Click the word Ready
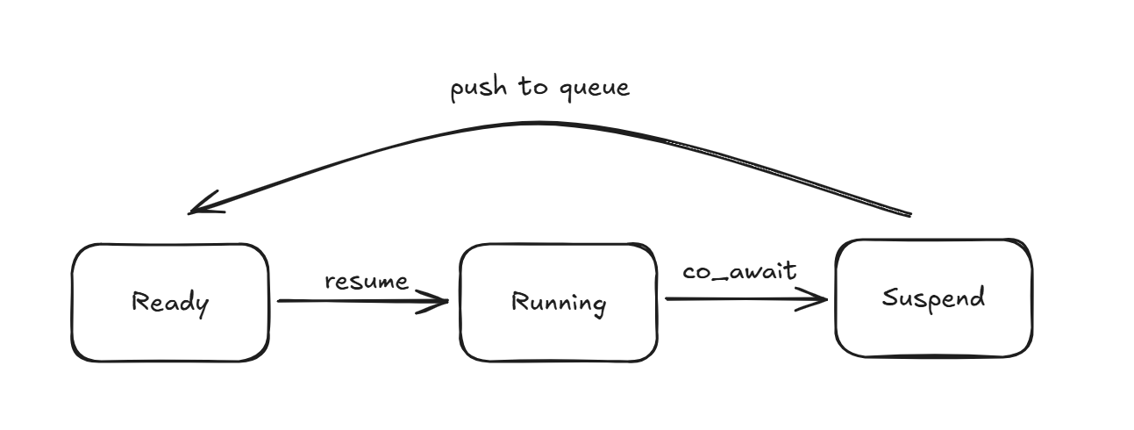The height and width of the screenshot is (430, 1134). tap(170, 304)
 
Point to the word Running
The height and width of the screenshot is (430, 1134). tap(559, 304)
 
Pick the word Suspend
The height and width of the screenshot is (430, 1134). tap(933, 297)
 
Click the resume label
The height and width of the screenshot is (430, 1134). tap(367, 282)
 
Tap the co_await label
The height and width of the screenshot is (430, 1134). tap(740, 270)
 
